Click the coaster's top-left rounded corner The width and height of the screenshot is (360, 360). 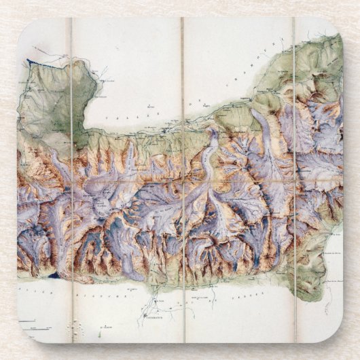point(24,24)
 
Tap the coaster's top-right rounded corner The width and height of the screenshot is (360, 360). point(336,24)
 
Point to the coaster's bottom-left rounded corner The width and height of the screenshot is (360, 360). point(24,336)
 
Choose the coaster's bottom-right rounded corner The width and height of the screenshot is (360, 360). point(336,336)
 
